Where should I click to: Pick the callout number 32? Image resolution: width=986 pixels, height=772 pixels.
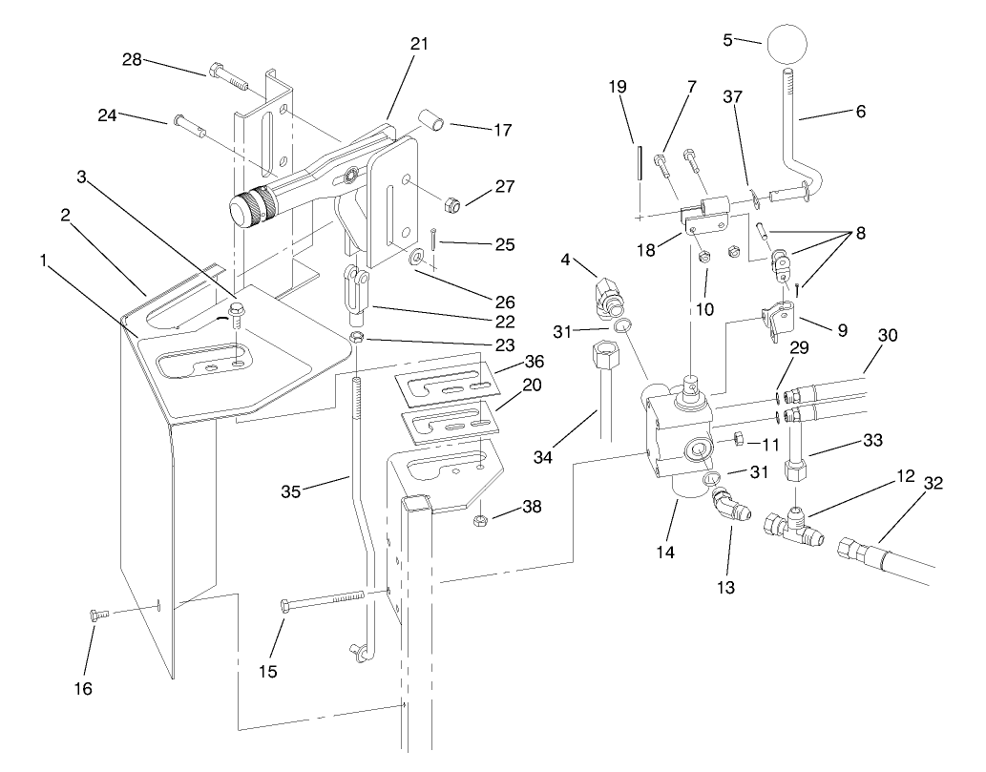pyautogui.click(x=934, y=483)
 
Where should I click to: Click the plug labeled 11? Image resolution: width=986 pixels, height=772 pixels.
pyautogui.click(x=737, y=439)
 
